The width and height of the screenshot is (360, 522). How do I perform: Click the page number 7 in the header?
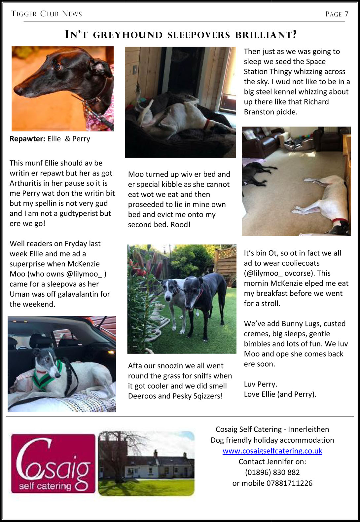click(x=346, y=14)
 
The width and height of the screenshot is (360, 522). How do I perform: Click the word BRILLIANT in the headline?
click(x=266, y=35)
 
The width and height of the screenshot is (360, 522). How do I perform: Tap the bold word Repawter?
click(x=27, y=139)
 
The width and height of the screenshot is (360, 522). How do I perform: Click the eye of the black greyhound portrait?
click(x=57, y=66)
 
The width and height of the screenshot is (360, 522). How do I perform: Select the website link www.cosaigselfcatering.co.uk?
click(x=272, y=451)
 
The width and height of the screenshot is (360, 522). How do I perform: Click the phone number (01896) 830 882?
click(x=272, y=472)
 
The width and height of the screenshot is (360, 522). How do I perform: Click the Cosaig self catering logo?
click(x=53, y=464)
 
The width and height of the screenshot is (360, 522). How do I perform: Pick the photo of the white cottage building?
click(x=146, y=463)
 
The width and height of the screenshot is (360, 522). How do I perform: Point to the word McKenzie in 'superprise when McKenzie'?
click(x=83, y=264)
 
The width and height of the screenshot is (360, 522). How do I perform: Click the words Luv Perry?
click(x=260, y=384)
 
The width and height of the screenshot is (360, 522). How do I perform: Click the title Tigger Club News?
click(x=46, y=14)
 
